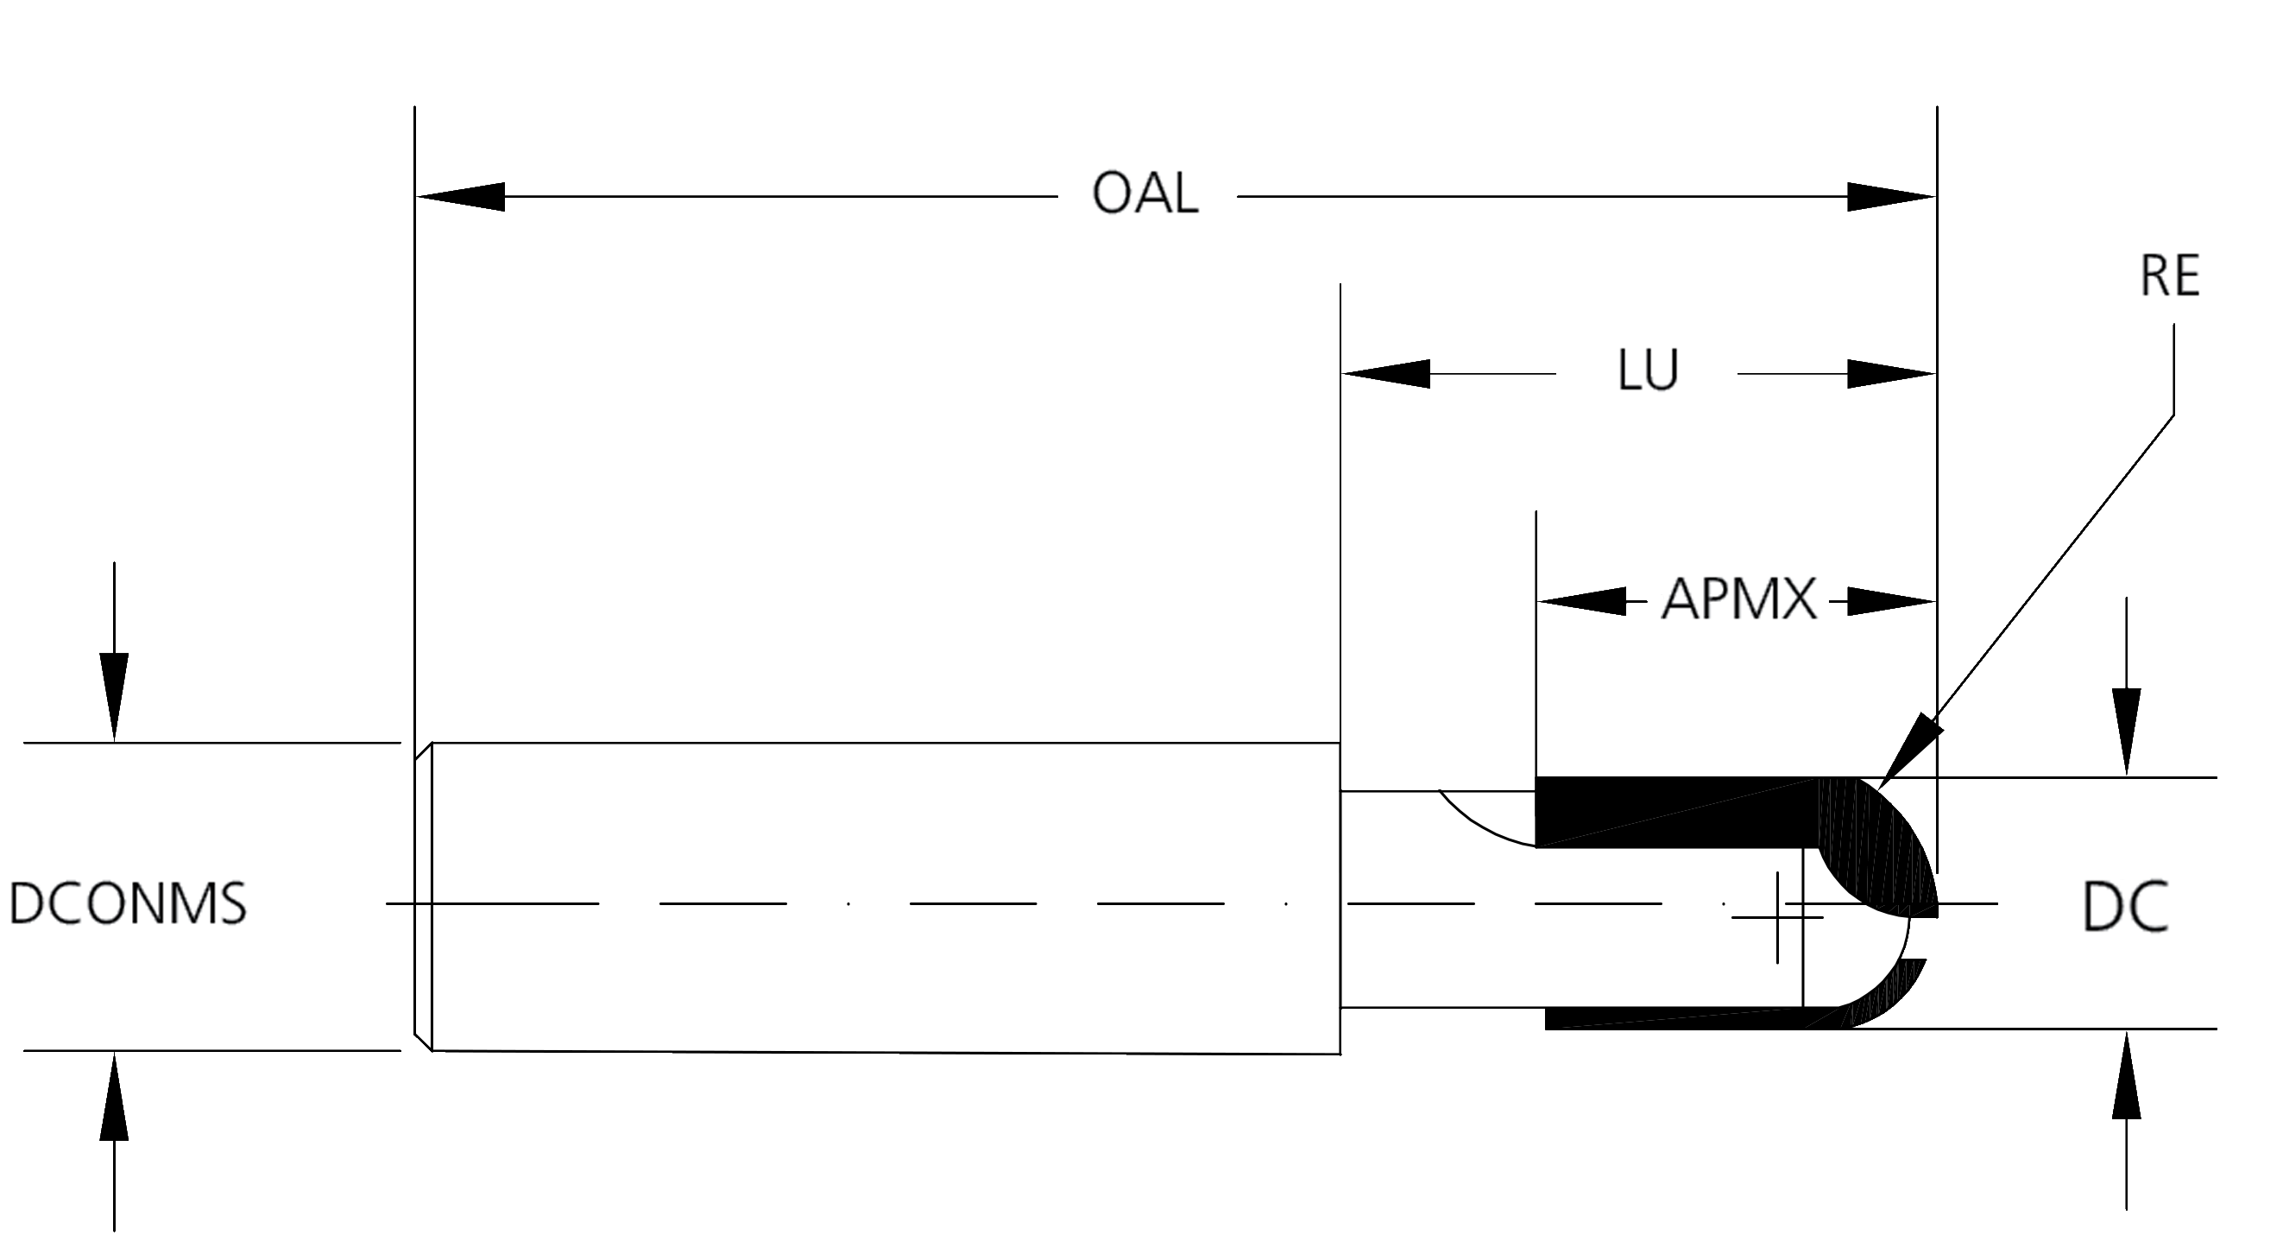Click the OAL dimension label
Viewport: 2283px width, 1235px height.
click(x=1145, y=193)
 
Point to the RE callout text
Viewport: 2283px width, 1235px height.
click(x=2170, y=276)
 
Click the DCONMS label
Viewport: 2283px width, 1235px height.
click(x=128, y=904)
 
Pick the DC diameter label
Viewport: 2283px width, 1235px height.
click(x=2125, y=908)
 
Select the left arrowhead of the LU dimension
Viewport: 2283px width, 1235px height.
click(x=1386, y=374)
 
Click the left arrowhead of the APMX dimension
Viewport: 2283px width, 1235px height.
click(x=1582, y=602)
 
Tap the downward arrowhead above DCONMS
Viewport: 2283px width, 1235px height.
click(x=113, y=696)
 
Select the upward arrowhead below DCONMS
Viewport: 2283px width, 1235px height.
click(x=113, y=1098)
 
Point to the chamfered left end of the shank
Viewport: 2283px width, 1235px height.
click(x=424, y=896)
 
